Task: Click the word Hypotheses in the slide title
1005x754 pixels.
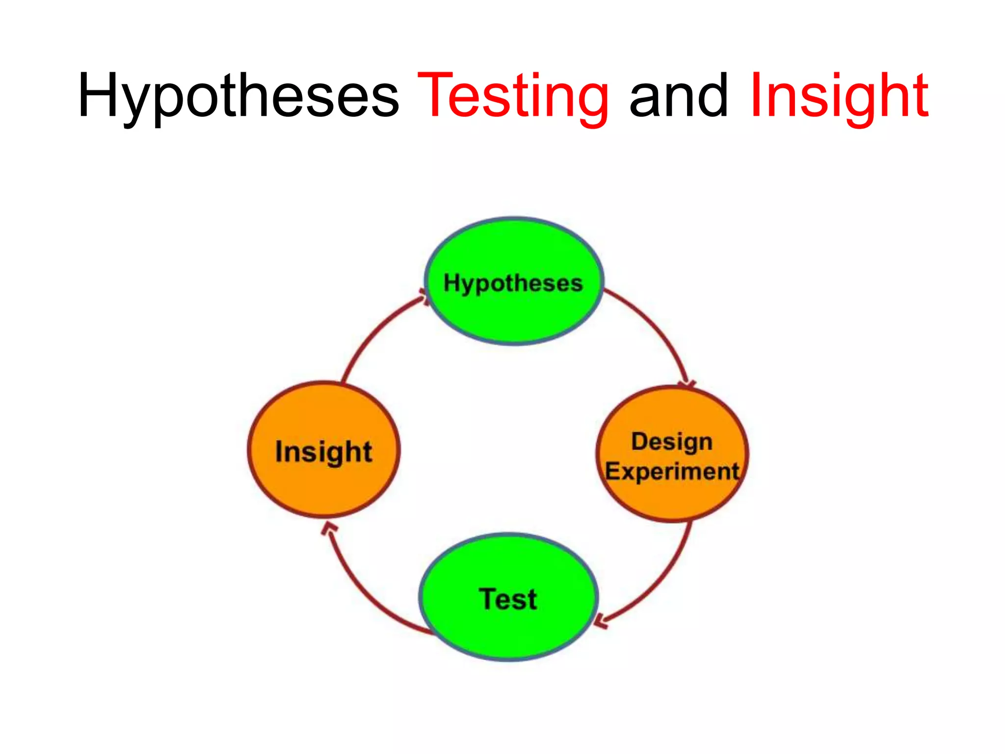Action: [x=238, y=96]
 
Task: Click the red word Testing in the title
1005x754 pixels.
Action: [x=513, y=96]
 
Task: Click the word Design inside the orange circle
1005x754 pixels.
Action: [x=672, y=441]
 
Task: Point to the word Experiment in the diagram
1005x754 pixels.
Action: [x=672, y=472]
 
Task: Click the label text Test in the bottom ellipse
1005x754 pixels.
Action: [x=508, y=599]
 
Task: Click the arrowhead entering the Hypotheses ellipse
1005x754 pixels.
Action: [x=423, y=296]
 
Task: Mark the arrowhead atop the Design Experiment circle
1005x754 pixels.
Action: [x=688, y=384]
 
